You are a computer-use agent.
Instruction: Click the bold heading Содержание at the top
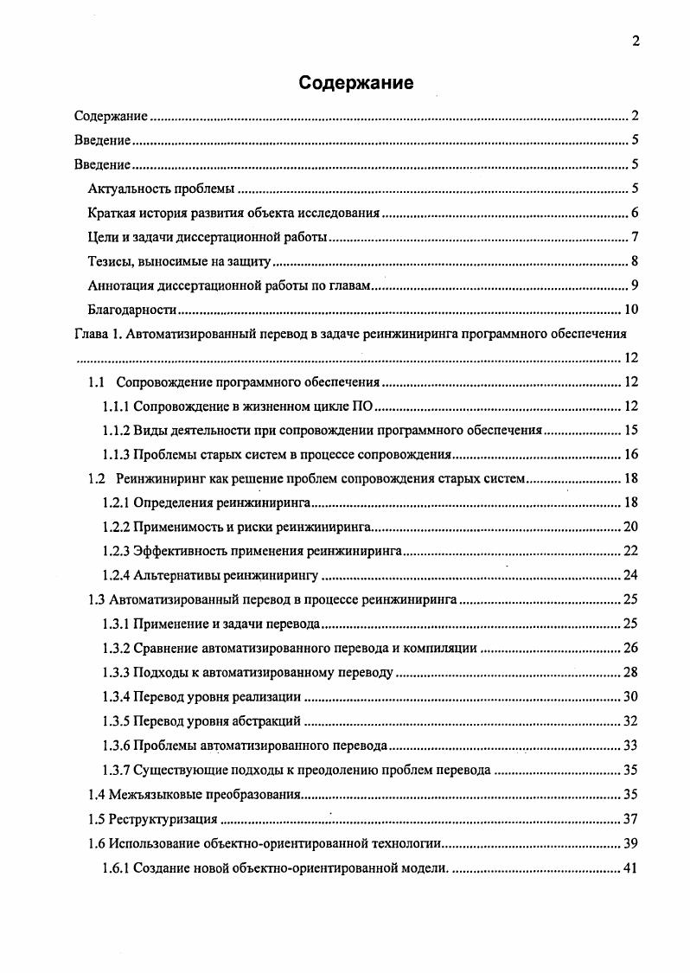tap(356, 83)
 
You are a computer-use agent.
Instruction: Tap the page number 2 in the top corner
tap(636, 41)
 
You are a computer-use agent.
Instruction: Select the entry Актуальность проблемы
tap(163, 189)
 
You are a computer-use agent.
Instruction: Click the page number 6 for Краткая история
tap(634, 213)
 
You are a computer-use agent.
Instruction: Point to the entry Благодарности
tap(132, 310)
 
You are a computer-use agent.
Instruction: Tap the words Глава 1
tap(99, 333)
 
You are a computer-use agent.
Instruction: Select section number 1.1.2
tap(116, 430)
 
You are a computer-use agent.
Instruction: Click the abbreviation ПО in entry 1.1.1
tap(363, 406)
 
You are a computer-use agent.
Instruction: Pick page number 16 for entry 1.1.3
tap(630, 454)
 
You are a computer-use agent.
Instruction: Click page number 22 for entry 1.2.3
tap(630, 551)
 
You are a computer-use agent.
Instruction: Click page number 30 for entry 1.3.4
tap(630, 696)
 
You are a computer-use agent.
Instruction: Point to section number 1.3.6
tap(116, 745)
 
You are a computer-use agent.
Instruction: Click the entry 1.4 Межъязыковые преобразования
tap(195, 794)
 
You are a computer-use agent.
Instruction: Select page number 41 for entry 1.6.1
tap(630, 867)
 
